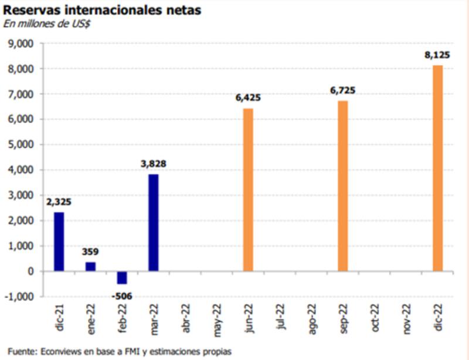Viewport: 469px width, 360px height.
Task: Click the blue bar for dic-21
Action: pyautogui.click(x=59, y=242)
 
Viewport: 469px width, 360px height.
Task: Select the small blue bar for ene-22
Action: pyautogui.click(x=90, y=267)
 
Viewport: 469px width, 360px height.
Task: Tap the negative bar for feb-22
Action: pyautogui.click(x=122, y=277)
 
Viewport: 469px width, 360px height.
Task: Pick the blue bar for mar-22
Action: pyautogui.click(x=154, y=223)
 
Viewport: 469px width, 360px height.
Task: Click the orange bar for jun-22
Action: pyautogui.click(x=248, y=190)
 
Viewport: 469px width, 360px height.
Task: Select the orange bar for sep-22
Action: pyautogui.click(x=343, y=186)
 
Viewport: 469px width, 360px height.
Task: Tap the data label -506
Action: pyautogui.click(x=121, y=295)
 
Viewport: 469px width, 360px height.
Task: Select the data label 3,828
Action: pyautogui.click(x=154, y=164)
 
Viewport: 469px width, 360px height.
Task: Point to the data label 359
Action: pyautogui.click(x=90, y=252)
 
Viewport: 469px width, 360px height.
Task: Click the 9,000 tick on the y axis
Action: pyautogui.click(x=22, y=43)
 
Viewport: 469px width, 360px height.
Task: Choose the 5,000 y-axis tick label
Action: pyautogui.click(x=22, y=145)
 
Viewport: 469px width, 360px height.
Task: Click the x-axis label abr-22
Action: pyautogui.click(x=186, y=320)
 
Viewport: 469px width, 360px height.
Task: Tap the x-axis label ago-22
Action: pyautogui.click(x=312, y=320)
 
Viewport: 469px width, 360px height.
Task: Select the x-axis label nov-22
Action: pyautogui.click(x=407, y=320)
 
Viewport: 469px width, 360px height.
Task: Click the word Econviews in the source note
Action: pyautogui.click(x=61, y=351)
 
